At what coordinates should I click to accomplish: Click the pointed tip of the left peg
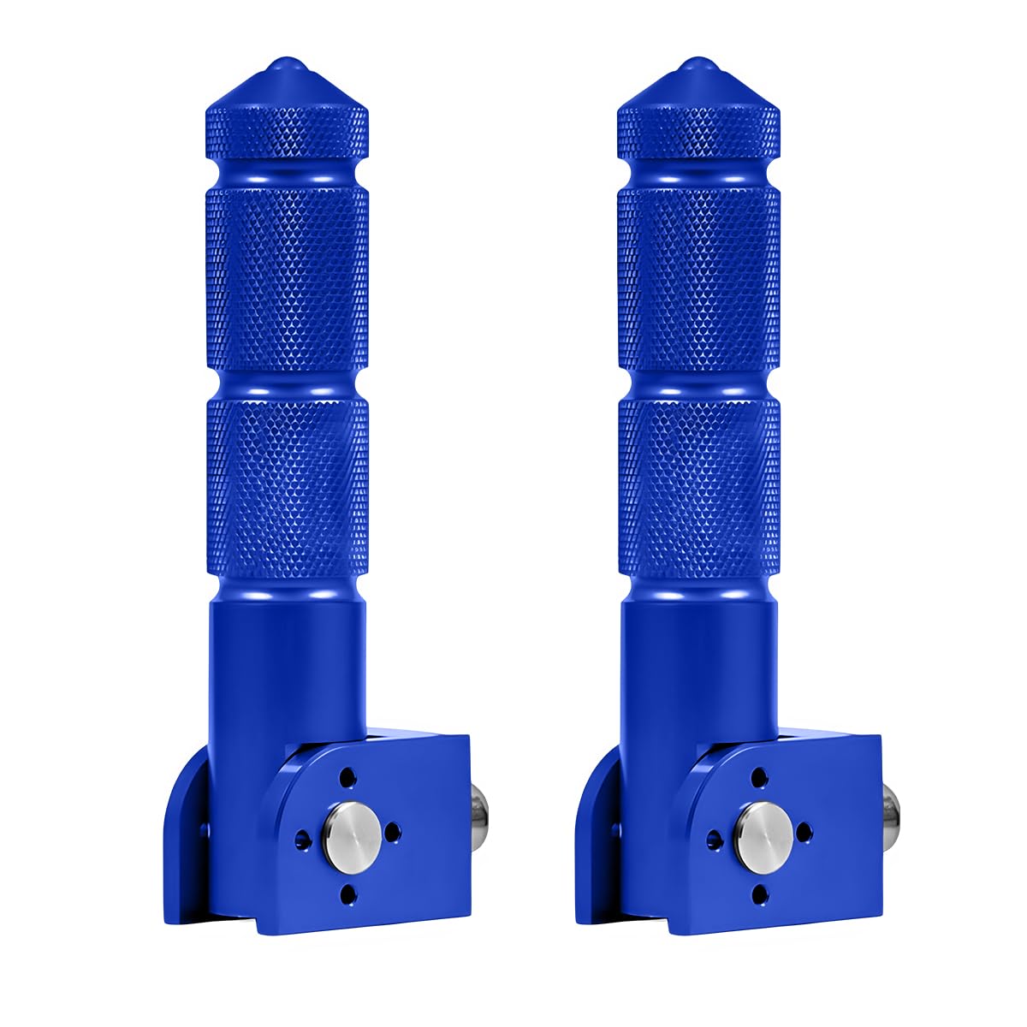pos(287,63)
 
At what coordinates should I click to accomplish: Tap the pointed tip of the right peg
pos(698,63)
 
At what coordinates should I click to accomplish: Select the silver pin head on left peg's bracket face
pos(347,831)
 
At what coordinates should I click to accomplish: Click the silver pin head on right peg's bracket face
pos(757,831)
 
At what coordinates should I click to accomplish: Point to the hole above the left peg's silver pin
pos(347,778)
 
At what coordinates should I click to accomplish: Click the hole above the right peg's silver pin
pos(757,778)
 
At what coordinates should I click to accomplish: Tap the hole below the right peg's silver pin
pos(757,893)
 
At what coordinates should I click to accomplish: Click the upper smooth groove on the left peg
pos(287,171)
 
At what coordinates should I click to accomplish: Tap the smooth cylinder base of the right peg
pos(698,668)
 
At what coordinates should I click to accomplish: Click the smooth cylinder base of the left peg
pos(287,668)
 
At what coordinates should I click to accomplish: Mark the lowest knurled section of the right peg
pos(698,488)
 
